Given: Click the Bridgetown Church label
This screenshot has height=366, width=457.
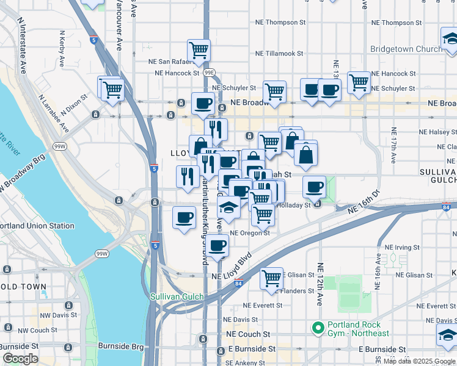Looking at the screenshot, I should pyautogui.click(x=406, y=49).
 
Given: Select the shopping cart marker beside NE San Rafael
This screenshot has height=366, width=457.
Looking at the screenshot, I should pyautogui.click(x=199, y=51).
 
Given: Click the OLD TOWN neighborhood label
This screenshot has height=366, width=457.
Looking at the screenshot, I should pyautogui.click(x=23, y=286).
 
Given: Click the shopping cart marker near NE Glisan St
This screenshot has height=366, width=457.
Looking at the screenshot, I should pyautogui.click(x=271, y=279).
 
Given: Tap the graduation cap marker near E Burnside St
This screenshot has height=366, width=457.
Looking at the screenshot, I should pyautogui.click(x=447, y=335).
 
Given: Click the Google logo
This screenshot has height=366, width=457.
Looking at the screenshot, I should pyautogui.click(x=20, y=359).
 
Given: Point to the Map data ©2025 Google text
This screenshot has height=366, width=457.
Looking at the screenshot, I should pyautogui.click(x=419, y=361).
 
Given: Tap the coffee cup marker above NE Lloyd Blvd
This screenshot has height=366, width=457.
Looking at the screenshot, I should pyautogui.click(x=216, y=245).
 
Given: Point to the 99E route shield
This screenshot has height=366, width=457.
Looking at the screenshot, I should pyautogui.click(x=210, y=73).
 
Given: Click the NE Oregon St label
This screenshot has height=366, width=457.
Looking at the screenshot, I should pyautogui.click(x=250, y=233).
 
